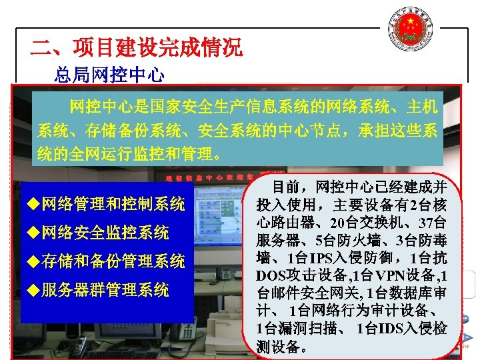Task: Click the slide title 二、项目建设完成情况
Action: click(x=137, y=47)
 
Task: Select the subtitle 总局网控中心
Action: click(x=109, y=75)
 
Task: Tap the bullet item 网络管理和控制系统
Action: click(x=113, y=204)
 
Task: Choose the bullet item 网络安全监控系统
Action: click(x=105, y=233)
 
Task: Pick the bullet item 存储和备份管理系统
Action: click(x=113, y=261)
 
